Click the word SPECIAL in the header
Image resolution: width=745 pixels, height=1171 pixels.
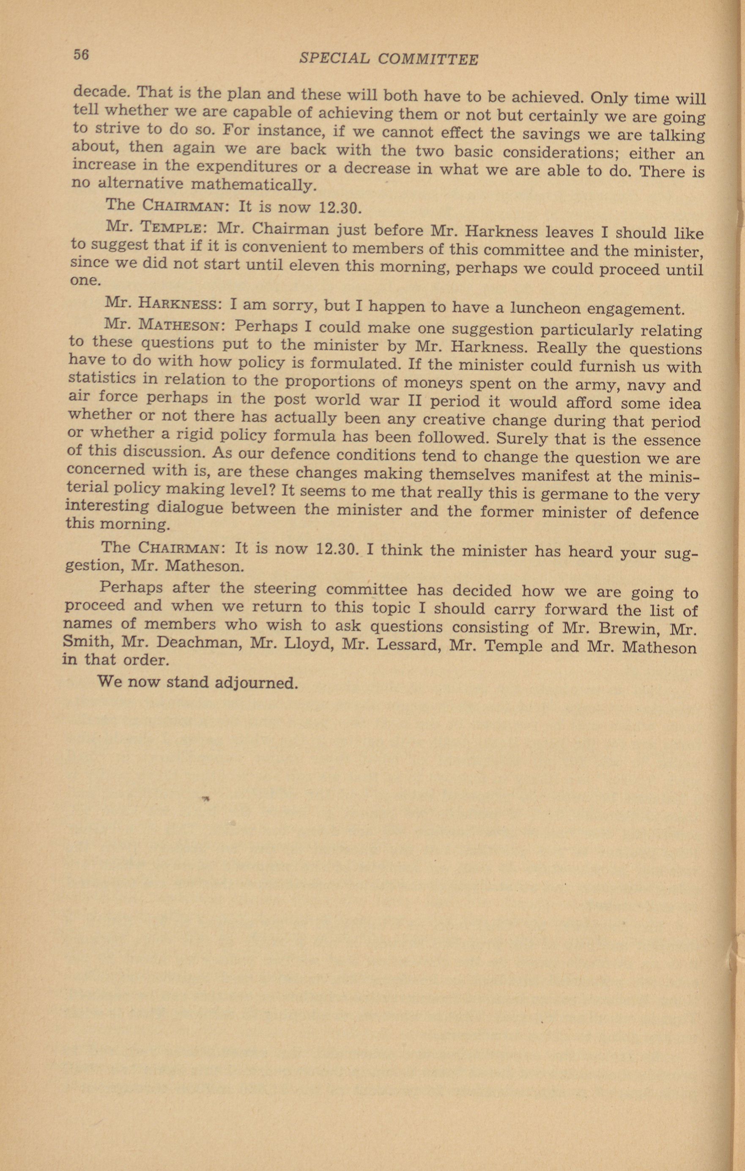click(334, 59)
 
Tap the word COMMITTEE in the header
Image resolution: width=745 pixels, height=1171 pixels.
click(428, 60)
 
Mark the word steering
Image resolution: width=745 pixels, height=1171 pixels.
click(282, 589)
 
